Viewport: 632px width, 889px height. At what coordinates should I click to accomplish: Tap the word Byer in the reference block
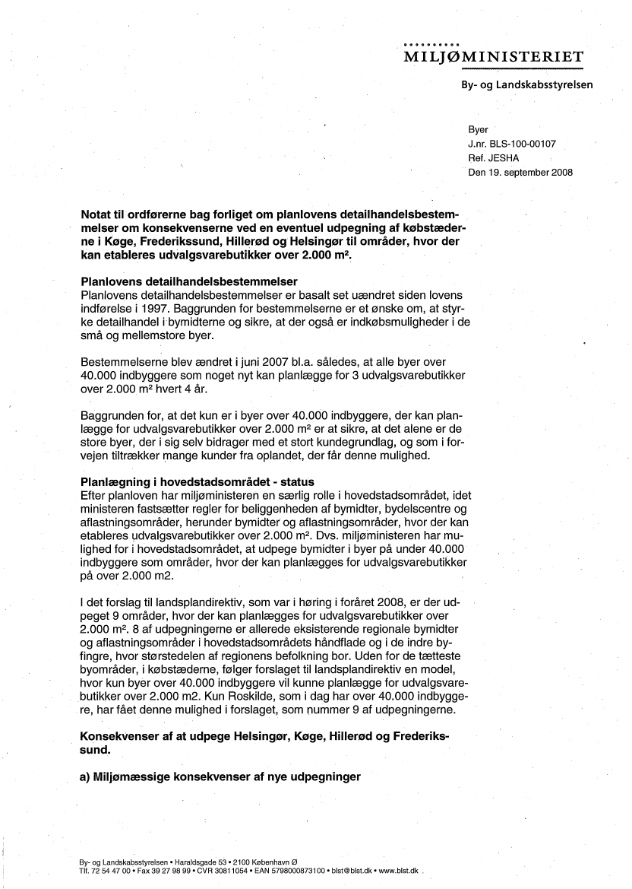pyautogui.click(x=479, y=130)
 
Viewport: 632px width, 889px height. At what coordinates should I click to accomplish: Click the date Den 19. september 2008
pyautogui.click(x=521, y=173)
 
